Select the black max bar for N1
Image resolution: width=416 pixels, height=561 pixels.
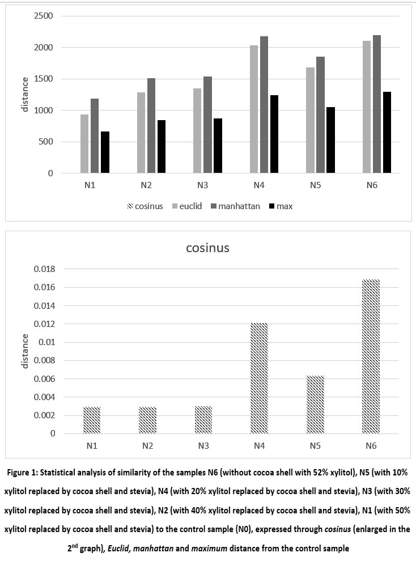pos(105,152)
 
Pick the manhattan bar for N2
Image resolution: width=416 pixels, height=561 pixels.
pos(151,125)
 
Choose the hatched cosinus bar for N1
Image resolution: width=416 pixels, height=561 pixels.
pos(92,420)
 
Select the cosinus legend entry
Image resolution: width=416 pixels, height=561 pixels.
pos(144,206)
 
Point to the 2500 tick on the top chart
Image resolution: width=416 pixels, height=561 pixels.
pos(43,16)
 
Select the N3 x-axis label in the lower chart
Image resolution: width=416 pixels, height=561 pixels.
pos(203,445)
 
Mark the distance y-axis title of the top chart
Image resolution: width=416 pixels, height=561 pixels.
pos(25,95)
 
